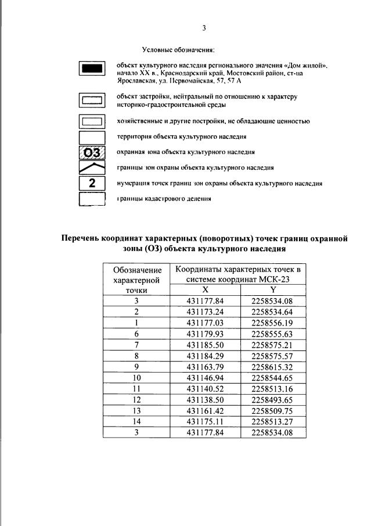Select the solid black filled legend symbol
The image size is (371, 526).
pos(92,69)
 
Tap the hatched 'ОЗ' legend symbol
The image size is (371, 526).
pos(92,153)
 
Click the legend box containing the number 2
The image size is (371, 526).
pos(92,184)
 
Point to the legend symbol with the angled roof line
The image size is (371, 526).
pos(92,168)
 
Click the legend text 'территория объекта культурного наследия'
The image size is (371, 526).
pos(182,137)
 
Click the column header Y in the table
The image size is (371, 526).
pos(273,289)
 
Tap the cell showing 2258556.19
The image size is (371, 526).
pos(273,323)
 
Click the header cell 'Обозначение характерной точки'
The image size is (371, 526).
pos(136,280)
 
